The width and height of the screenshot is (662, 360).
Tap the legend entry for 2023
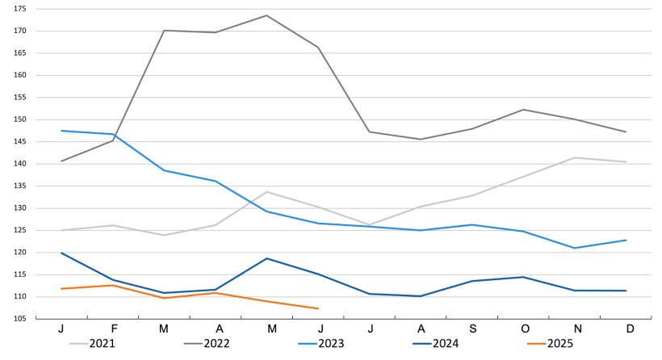[321, 344]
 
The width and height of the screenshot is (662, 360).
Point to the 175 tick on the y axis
[20, 8]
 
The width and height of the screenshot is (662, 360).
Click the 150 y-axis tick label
[20, 119]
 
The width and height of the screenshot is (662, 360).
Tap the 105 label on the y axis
[20, 319]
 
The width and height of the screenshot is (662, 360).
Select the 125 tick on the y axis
[20, 230]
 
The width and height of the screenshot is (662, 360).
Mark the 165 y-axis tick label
[20, 52]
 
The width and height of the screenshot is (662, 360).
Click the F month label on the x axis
[113, 331]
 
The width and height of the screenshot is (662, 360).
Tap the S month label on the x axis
[472, 331]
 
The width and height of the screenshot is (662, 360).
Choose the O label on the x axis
[524, 331]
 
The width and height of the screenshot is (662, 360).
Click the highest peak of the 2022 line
[266, 15]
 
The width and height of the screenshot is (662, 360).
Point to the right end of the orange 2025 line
[318, 308]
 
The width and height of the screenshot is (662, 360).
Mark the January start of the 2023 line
[61, 131]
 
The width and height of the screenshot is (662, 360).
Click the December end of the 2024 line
[626, 291]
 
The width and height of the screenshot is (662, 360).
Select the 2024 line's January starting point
[61, 253]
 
